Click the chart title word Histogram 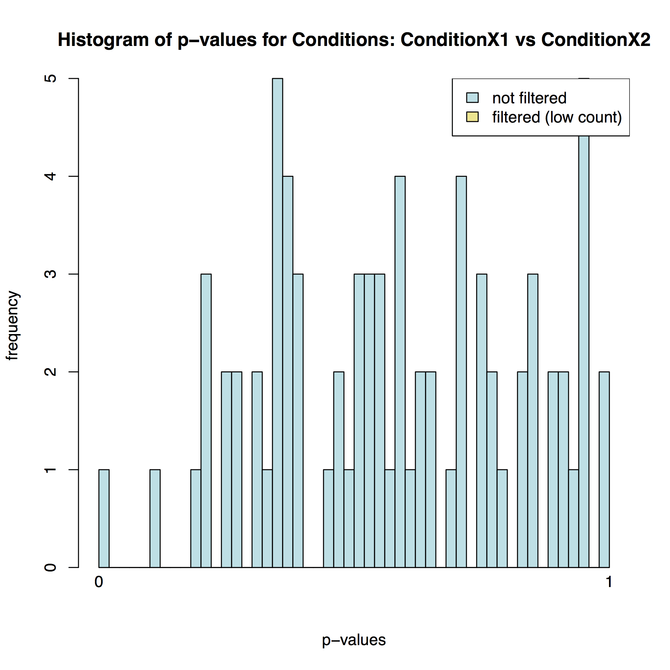pos(104,40)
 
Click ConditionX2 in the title pos(595,40)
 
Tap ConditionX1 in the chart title pos(455,40)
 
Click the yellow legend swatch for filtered pos(472,117)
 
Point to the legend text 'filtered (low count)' pos(557,117)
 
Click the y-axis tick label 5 pos(51,78)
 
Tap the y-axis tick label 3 pos(51,274)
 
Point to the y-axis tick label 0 pos(51,567)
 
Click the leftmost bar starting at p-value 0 pos(104,518)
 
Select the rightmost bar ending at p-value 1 pos(604,470)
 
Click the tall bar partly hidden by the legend pos(584,347)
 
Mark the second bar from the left pos(155,518)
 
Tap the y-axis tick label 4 pos(51,176)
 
